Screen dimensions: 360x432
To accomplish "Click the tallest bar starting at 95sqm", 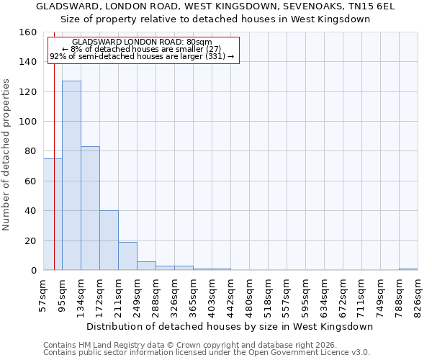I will click(x=71, y=176).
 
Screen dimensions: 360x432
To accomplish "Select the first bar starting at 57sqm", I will click(x=53, y=215).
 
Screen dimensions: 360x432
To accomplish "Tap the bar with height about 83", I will click(x=90, y=209).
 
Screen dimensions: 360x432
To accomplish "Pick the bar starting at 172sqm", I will click(x=109, y=240).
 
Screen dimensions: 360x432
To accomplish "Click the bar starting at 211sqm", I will click(x=127, y=256).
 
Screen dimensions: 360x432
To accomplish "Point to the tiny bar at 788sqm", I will click(x=408, y=269).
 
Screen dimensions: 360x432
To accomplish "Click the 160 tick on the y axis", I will click(x=29, y=32).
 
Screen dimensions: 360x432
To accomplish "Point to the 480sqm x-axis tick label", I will click(x=249, y=297).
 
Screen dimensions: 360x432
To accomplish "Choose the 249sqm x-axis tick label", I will click(x=137, y=297).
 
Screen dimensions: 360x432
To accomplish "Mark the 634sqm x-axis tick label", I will click(x=324, y=297).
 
